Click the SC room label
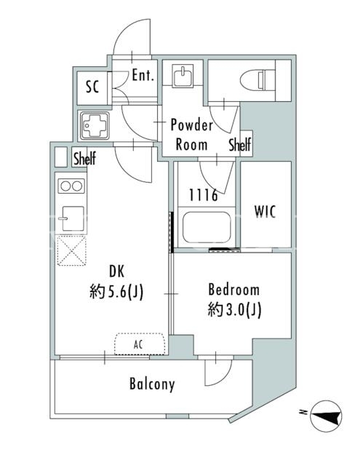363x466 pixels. pyautogui.click(x=92, y=87)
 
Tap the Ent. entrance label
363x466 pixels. pyautogui.click(x=143, y=75)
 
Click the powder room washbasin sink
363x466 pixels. pyautogui.click(x=183, y=75)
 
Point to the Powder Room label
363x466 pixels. pyautogui.click(x=192, y=135)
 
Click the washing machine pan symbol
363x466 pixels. pyautogui.click(x=94, y=125)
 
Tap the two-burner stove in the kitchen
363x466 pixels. pyautogui.click(x=71, y=186)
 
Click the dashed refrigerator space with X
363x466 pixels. pyautogui.click(x=71, y=250)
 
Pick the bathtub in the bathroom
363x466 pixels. pyautogui.click(x=207, y=227)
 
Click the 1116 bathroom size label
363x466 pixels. pyautogui.click(x=204, y=195)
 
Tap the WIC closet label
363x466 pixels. pyautogui.click(x=265, y=212)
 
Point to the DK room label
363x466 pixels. pyautogui.click(x=117, y=272)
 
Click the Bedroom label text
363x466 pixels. pyautogui.click(x=234, y=290)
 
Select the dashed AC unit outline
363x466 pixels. pyautogui.click(x=140, y=344)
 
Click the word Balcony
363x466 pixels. pyautogui.click(x=152, y=384)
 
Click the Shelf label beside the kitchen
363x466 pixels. pyautogui.click(x=85, y=158)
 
